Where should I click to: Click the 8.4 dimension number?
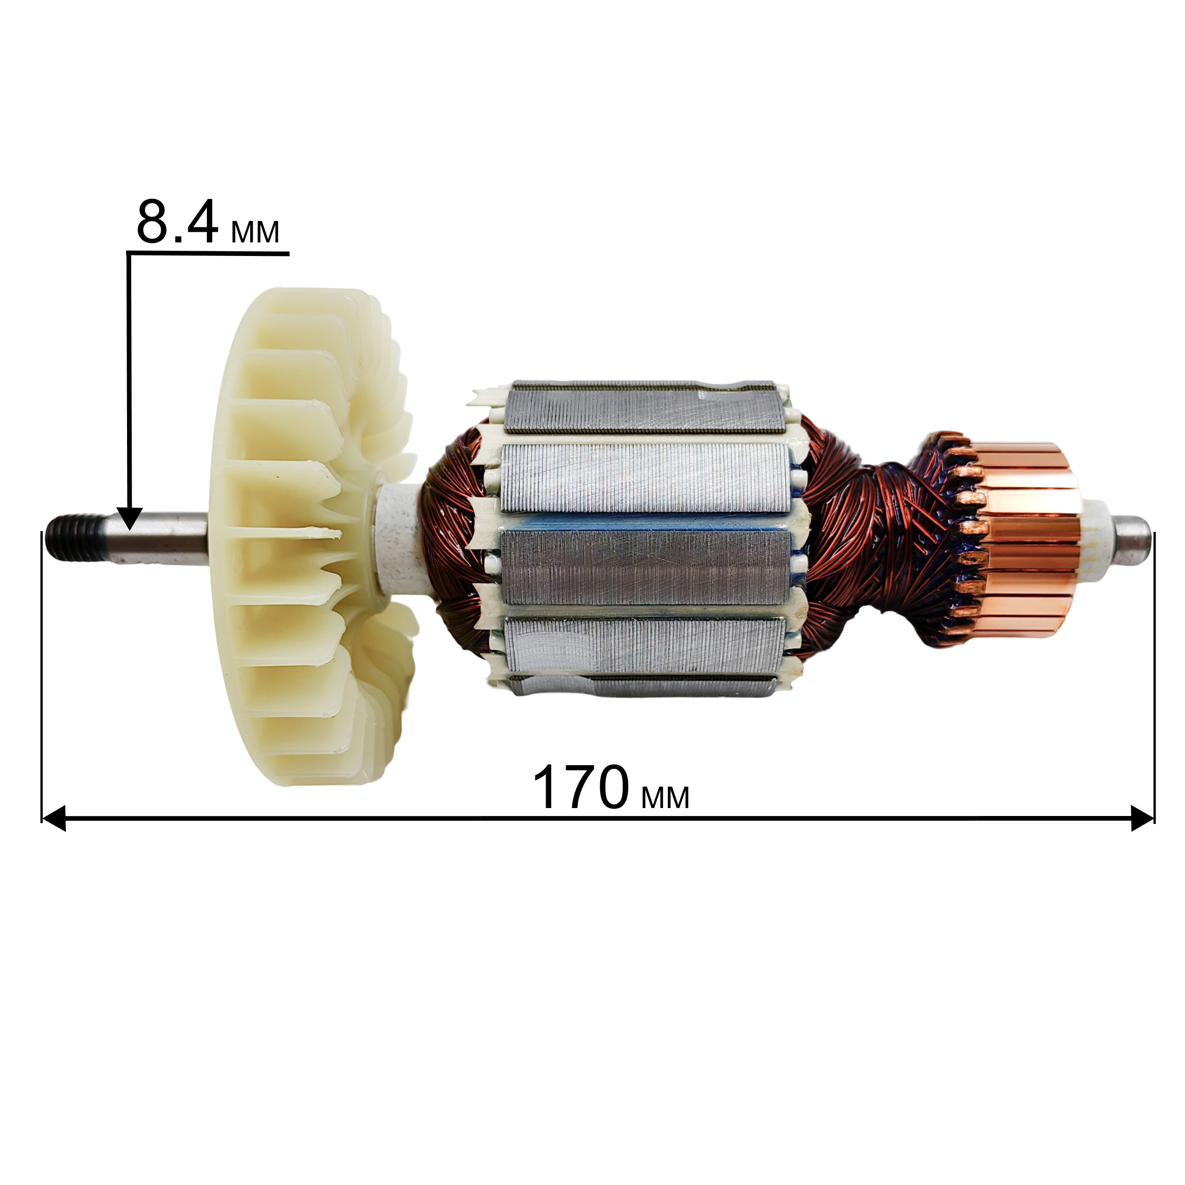pyautogui.click(x=177, y=221)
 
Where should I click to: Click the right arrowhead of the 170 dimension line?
pyautogui.click(x=1142, y=818)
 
